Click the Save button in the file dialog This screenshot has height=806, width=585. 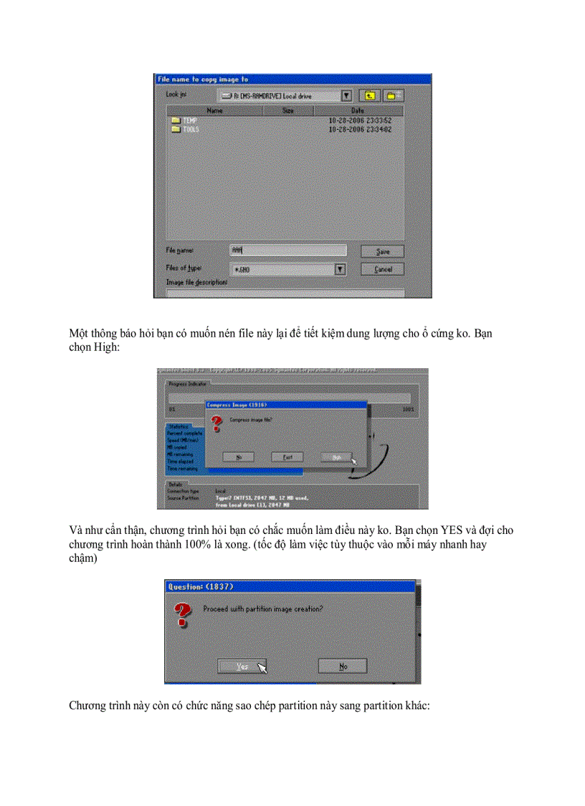(382, 252)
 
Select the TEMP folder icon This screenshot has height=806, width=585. (175, 121)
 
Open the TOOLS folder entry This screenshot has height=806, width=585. (190, 130)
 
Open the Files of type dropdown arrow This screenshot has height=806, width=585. (341, 270)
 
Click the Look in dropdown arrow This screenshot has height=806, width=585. (347, 95)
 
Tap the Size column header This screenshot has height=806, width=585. (287, 111)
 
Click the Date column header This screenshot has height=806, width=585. (357, 111)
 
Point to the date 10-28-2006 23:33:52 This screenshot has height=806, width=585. (360, 121)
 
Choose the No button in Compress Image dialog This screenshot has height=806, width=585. (237, 456)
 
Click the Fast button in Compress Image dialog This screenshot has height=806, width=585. (287, 456)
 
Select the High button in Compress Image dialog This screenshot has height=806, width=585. (336, 456)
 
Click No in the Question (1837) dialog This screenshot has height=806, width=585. (343, 666)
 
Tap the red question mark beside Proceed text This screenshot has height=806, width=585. (184, 614)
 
